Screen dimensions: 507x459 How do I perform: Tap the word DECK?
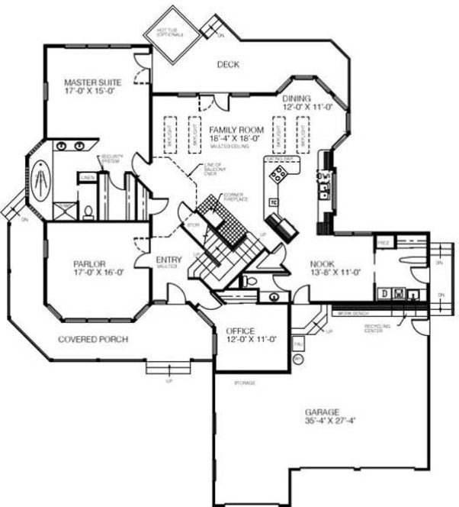point(227,65)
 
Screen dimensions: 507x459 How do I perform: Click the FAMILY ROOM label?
point(236,130)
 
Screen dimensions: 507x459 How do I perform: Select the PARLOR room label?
point(88,263)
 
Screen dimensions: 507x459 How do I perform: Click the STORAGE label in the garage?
point(244,382)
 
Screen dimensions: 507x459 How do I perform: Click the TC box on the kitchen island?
point(272,202)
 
